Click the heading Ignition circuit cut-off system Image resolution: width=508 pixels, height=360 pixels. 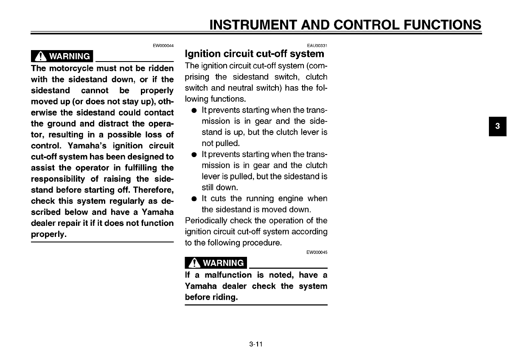point(255,54)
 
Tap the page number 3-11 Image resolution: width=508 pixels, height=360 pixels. point(256,344)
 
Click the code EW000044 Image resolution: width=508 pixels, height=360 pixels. point(163,45)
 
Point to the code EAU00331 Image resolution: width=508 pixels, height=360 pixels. point(317,45)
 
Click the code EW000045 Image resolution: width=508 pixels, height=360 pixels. point(317,252)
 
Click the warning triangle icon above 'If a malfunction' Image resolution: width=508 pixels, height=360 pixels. point(194,263)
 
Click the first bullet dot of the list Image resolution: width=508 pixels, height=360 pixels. point(194,110)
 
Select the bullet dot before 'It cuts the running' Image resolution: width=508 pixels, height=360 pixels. point(194,199)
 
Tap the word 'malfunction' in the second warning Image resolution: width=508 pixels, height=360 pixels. point(228,275)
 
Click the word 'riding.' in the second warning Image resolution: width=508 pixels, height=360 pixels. point(224,297)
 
